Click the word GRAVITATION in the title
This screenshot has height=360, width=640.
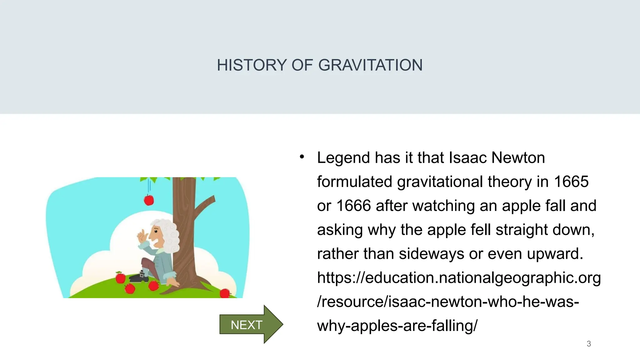[370, 65]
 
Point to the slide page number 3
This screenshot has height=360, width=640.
[589, 344]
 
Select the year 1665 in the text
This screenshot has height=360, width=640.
[571, 182]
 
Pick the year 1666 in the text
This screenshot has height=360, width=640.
[353, 206]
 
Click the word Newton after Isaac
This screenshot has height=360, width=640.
[518, 157]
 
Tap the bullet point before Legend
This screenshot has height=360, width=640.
[302, 157]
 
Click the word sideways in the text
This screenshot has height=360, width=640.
[431, 253]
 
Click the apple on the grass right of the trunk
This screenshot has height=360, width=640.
[224, 293]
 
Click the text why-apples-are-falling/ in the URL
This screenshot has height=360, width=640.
[397, 326]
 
